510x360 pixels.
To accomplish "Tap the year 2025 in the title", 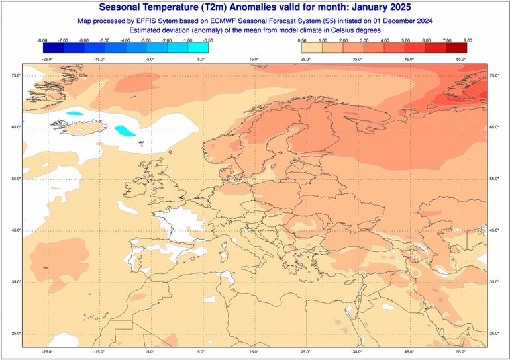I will pos(397,7).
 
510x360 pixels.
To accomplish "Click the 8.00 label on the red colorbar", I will pos(467,41).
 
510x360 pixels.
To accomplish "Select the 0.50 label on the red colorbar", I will pos(302,41).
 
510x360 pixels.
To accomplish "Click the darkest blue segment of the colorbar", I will pos(53,48).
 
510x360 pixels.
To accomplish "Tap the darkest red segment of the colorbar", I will pos(456,48).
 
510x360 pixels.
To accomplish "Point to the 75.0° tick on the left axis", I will pos(15,75).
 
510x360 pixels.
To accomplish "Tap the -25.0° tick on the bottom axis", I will pos(47,351).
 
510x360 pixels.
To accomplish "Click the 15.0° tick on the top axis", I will pos(254,60).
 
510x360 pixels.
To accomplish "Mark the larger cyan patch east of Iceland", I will pos(123,130).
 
